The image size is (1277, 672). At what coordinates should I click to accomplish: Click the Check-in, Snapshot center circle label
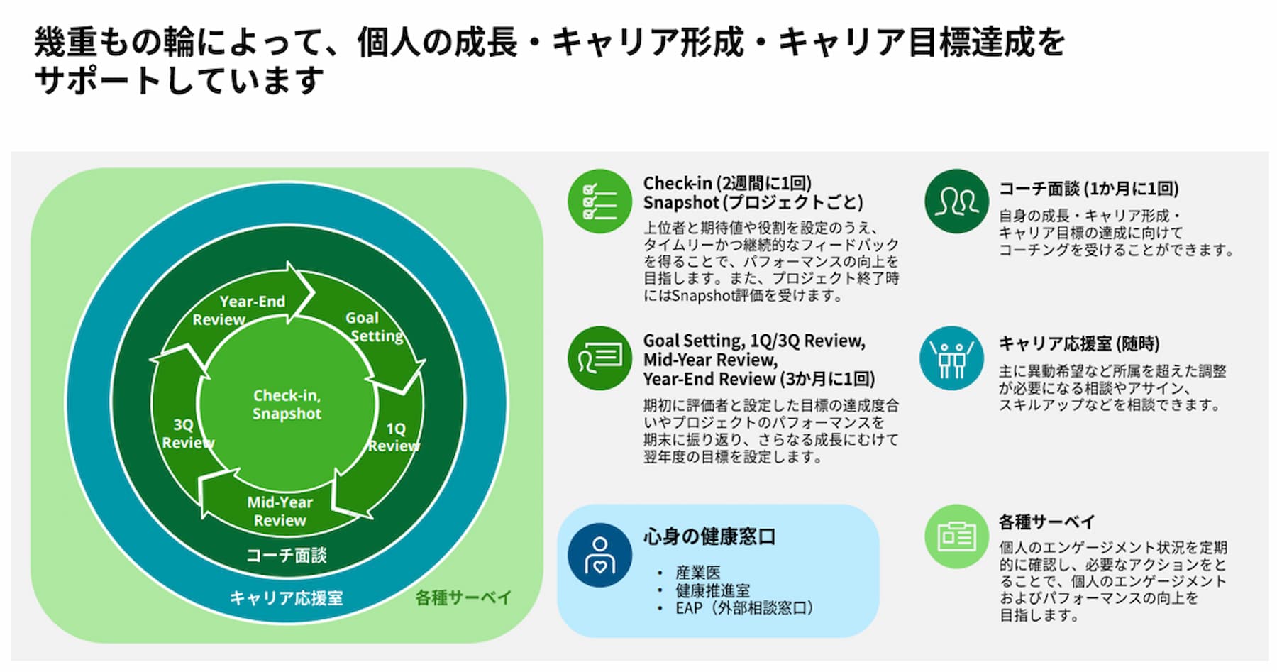click(x=287, y=404)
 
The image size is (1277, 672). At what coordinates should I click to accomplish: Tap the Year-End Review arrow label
click(x=239, y=310)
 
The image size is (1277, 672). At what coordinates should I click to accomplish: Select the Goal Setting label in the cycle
click(x=374, y=326)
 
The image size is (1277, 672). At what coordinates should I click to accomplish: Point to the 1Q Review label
click(x=394, y=437)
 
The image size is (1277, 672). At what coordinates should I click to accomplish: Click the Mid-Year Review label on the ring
click(x=280, y=511)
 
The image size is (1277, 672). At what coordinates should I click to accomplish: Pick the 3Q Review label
click(x=187, y=434)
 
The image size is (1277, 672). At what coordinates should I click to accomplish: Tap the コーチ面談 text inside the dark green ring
click(x=286, y=555)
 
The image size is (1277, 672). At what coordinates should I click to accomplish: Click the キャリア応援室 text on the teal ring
click(x=286, y=598)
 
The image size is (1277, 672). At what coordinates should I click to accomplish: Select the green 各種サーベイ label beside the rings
click(x=463, y=598)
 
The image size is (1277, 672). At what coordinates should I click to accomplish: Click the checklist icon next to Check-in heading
click(x=599, y=201)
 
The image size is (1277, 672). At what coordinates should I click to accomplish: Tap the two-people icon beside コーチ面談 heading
click(x=956, y=201)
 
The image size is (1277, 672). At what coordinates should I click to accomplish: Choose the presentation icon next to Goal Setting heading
click(x=599, y=358)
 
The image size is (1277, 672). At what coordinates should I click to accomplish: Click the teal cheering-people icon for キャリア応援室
click(x=951, y=358)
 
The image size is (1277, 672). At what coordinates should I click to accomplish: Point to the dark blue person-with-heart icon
click(x=599, y=555)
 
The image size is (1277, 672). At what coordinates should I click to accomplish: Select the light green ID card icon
click(x=956, y=536)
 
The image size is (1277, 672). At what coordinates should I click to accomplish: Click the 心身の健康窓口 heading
click(x=709, y=536)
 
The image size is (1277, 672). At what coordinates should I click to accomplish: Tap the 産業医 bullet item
click(x=697, y=573)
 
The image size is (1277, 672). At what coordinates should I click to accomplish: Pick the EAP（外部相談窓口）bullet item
click(x=743, y=608)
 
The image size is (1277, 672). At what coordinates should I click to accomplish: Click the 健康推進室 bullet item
click(x=712, y=590)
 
